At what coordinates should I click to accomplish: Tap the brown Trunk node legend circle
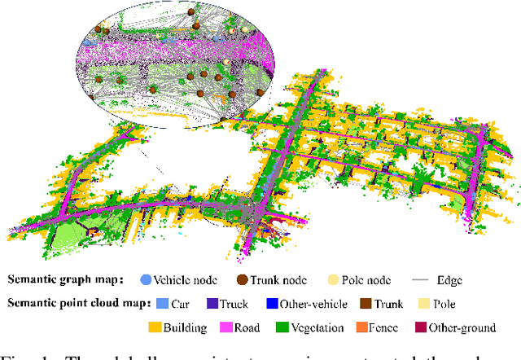pyautogui.click(x=243, y=279)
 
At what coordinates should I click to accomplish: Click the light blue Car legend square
pyautogui.click(x=164, y=304)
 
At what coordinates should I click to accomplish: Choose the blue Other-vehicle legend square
pyautogui.click(x=273, y=304)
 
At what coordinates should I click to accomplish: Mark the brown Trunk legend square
pyautogui.click(x=367, y=304)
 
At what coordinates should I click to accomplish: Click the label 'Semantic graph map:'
pyautogui.click(x=68, y=280)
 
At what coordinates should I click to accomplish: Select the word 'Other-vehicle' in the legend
pyautogui.click(x=313, y=304)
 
